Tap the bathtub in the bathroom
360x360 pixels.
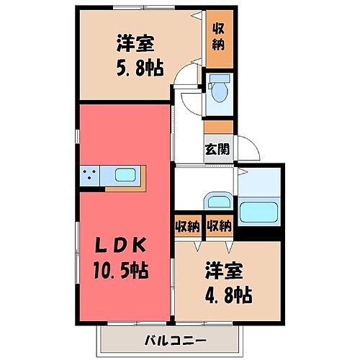click(x=260, y=213)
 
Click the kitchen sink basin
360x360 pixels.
click(x=124, y=175)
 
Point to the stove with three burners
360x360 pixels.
click(x=90, y=175)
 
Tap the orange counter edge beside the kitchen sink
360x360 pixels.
click(x=144, y=175)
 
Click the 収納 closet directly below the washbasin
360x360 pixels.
click(x=218, y=227)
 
